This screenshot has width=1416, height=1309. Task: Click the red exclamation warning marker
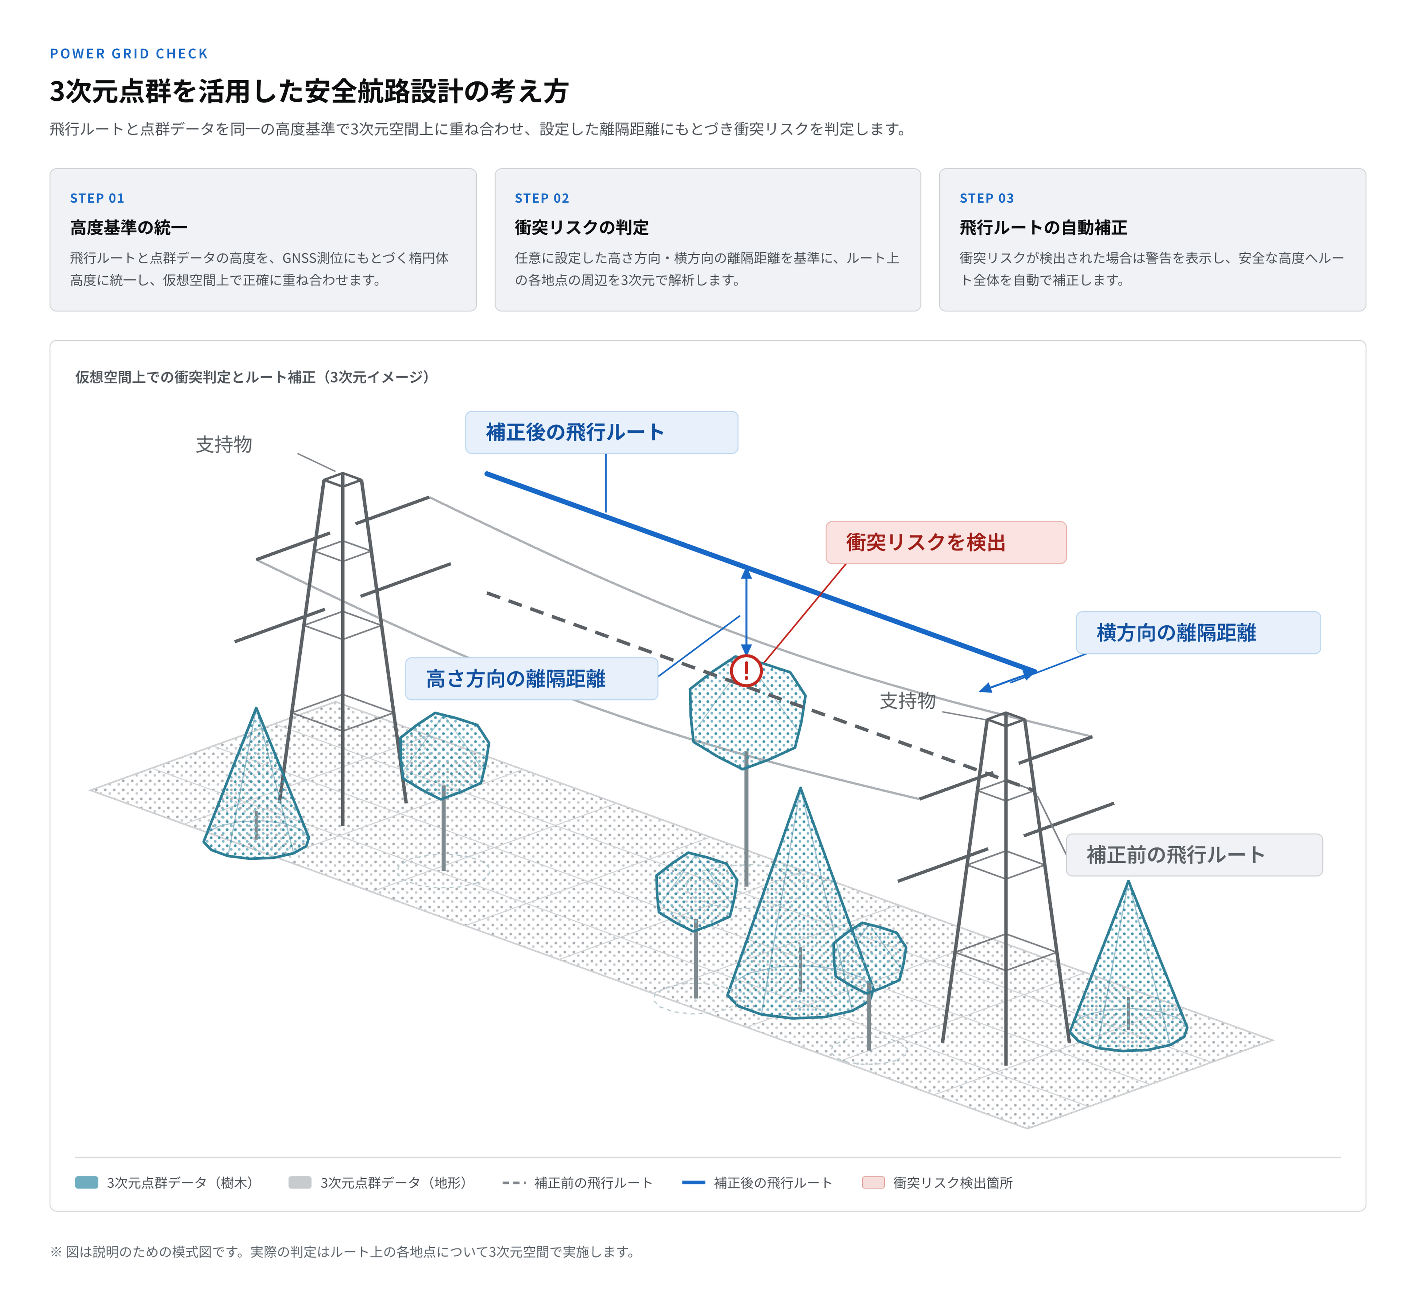coord(746,670)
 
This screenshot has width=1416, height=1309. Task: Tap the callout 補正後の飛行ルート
coord(601,432)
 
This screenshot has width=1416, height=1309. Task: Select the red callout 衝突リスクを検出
coord(946,542)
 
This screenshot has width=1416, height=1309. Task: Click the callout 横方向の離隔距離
coord(1198,633)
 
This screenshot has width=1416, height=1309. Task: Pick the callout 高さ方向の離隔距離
coord(531,679)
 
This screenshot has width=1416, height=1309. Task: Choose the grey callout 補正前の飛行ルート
coord(1194,855)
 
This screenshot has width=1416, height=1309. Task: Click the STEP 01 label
coord(97,198)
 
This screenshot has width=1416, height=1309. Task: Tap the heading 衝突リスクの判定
coord(582,227)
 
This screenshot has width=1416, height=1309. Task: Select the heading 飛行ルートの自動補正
coord(1043,227)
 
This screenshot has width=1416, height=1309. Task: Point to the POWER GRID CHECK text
coord(129,54)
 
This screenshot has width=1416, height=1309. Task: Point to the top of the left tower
coord(343,473)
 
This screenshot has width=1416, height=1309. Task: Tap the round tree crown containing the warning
coord(747,712)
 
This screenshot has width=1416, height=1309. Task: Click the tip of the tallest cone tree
coord(801,788)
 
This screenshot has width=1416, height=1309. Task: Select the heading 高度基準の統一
coord(128,227)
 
